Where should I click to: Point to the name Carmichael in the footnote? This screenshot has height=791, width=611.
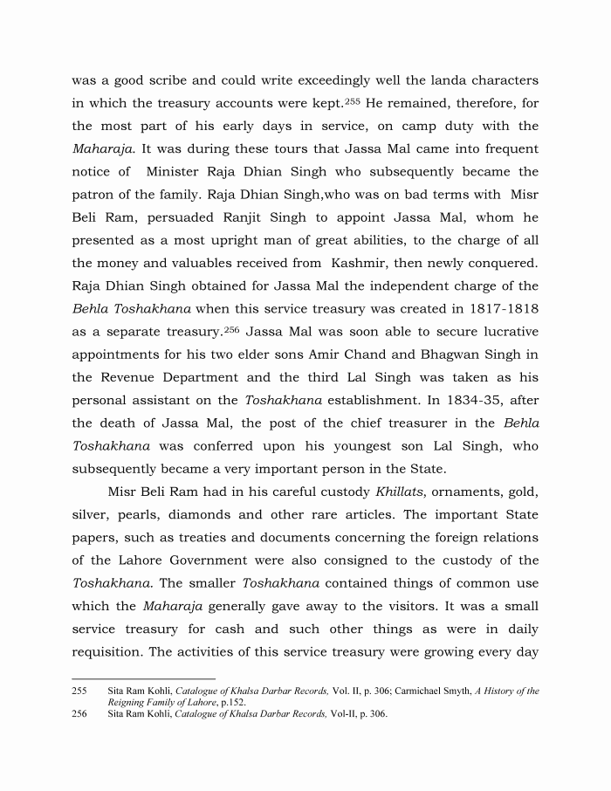click(x=424, y=691)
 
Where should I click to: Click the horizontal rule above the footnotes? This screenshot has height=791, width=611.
click(x=143, y=678)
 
